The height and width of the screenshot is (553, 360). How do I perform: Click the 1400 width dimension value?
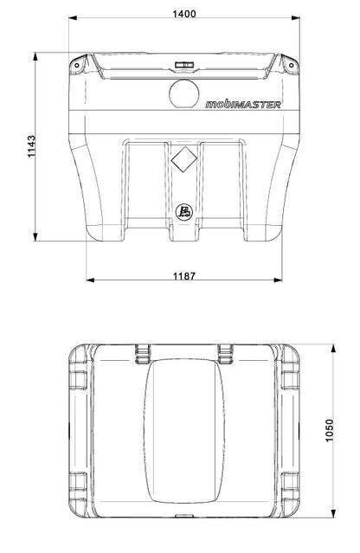click(x=184, y=14)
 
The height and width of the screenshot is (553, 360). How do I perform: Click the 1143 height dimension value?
click(x=32, y=146)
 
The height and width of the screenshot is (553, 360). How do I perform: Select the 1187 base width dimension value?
click(x=183, y=276)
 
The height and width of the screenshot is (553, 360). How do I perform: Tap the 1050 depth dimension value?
click(x=329, y=430)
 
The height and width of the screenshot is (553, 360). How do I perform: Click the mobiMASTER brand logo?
click(x=243, y=105)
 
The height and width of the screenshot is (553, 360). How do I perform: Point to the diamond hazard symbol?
click(x=183, y=160)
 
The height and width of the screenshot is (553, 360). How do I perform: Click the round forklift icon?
click(x=184, y=212)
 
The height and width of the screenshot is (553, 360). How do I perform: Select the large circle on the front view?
click(x=184, y=93)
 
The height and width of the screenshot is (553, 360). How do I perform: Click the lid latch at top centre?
click(x=184, y=65)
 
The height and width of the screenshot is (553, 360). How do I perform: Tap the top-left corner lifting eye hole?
click(x=76, y=65)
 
